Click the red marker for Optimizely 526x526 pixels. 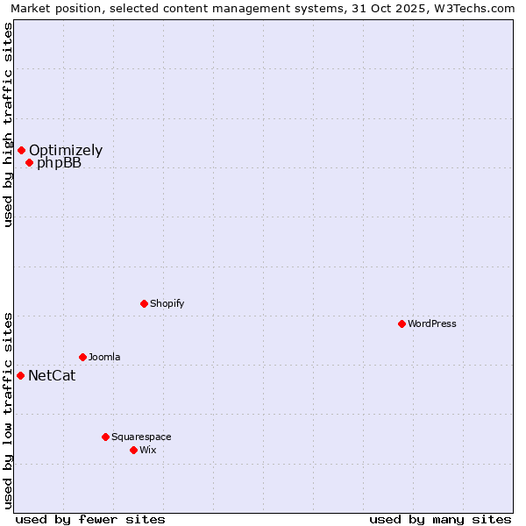[21, 150]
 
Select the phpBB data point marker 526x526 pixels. [29, 162]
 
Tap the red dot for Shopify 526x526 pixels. [144, 303]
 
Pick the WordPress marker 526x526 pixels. [402, 323]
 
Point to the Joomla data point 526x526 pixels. [82, 357]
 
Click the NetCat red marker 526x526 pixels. [20, 375]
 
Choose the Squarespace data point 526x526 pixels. [105, 437]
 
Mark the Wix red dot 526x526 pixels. [133, 450]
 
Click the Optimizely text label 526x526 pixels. [66, 150]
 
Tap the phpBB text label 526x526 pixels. [59, 163]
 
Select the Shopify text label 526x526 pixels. [167, 303]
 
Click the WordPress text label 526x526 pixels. [432, 323]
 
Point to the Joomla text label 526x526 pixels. [104, 357]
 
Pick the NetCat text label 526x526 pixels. [52, 376]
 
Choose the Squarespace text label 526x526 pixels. [141, 437]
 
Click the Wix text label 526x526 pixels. [147, 450]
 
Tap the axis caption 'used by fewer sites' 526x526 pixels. [90, 519]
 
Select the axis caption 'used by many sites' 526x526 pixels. [440, 519]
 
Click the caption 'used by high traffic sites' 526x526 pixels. [8, 124]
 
